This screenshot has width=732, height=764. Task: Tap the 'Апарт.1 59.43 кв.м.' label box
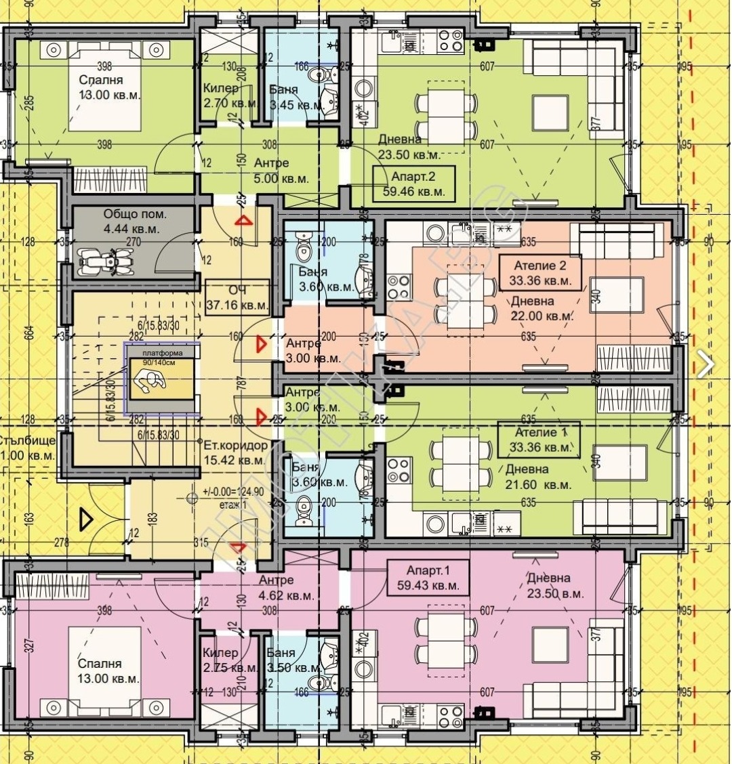point(428,577)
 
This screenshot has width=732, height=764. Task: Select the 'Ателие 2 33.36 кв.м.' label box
point(540,272)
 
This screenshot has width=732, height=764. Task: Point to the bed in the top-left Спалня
point(105,85)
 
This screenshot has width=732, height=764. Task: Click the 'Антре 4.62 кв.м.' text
point(285,588)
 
